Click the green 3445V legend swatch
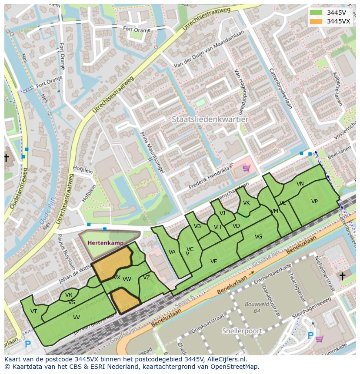[316, 12]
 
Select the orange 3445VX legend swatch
[316, 21]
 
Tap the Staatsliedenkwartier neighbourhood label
[210, 119]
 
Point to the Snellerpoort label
[242, 331]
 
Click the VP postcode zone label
[314, 202]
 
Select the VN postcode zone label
[300, 184]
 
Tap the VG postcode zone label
[258, 237]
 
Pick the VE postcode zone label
[213, 261]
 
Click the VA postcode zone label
[172, 252]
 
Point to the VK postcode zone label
[247, 203]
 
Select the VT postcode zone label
[33, 311]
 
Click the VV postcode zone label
[76, 318]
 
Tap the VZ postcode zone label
[147, 278]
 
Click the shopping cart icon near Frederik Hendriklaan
[246, 168]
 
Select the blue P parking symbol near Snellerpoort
[310, 335]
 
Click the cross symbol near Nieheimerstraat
[342, 276]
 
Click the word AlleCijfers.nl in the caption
[227, 360]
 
